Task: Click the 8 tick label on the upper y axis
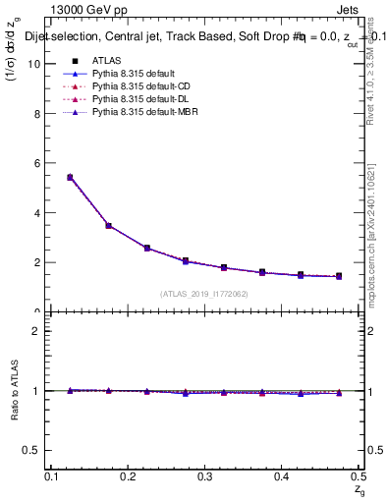[38, 114]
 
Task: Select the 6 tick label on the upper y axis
[38, 163]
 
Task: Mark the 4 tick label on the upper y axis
[38, 213]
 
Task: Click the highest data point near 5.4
[70, 177]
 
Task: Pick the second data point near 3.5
[109, 225]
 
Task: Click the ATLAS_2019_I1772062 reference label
[205, 294]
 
